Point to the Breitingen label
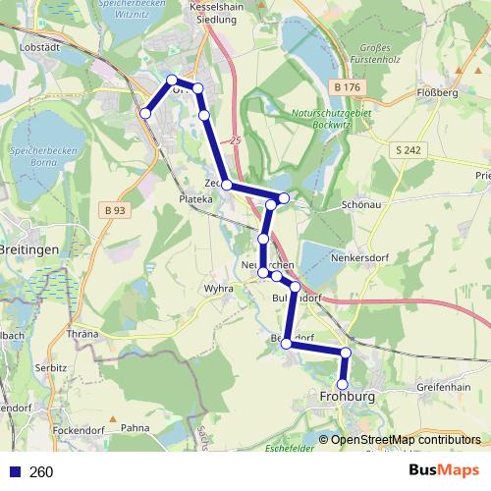click(x=29, y=250)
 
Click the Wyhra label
click(x=218, y=290)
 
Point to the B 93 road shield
click(x=115, y=209)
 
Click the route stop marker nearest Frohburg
click(x=343, y=384)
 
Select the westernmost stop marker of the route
click(x=145, y=114)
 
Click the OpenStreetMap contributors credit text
click(x=405, y=440)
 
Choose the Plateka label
click(x=194, y=198)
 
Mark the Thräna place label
click(x=82, y=334)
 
